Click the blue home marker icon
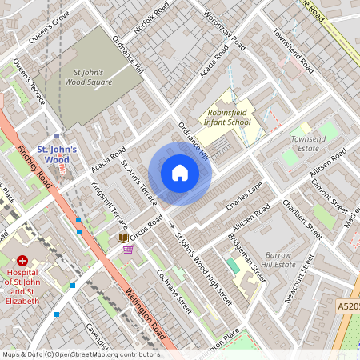180,173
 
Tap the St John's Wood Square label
88,76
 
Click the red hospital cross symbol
22,261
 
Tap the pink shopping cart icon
128,250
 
